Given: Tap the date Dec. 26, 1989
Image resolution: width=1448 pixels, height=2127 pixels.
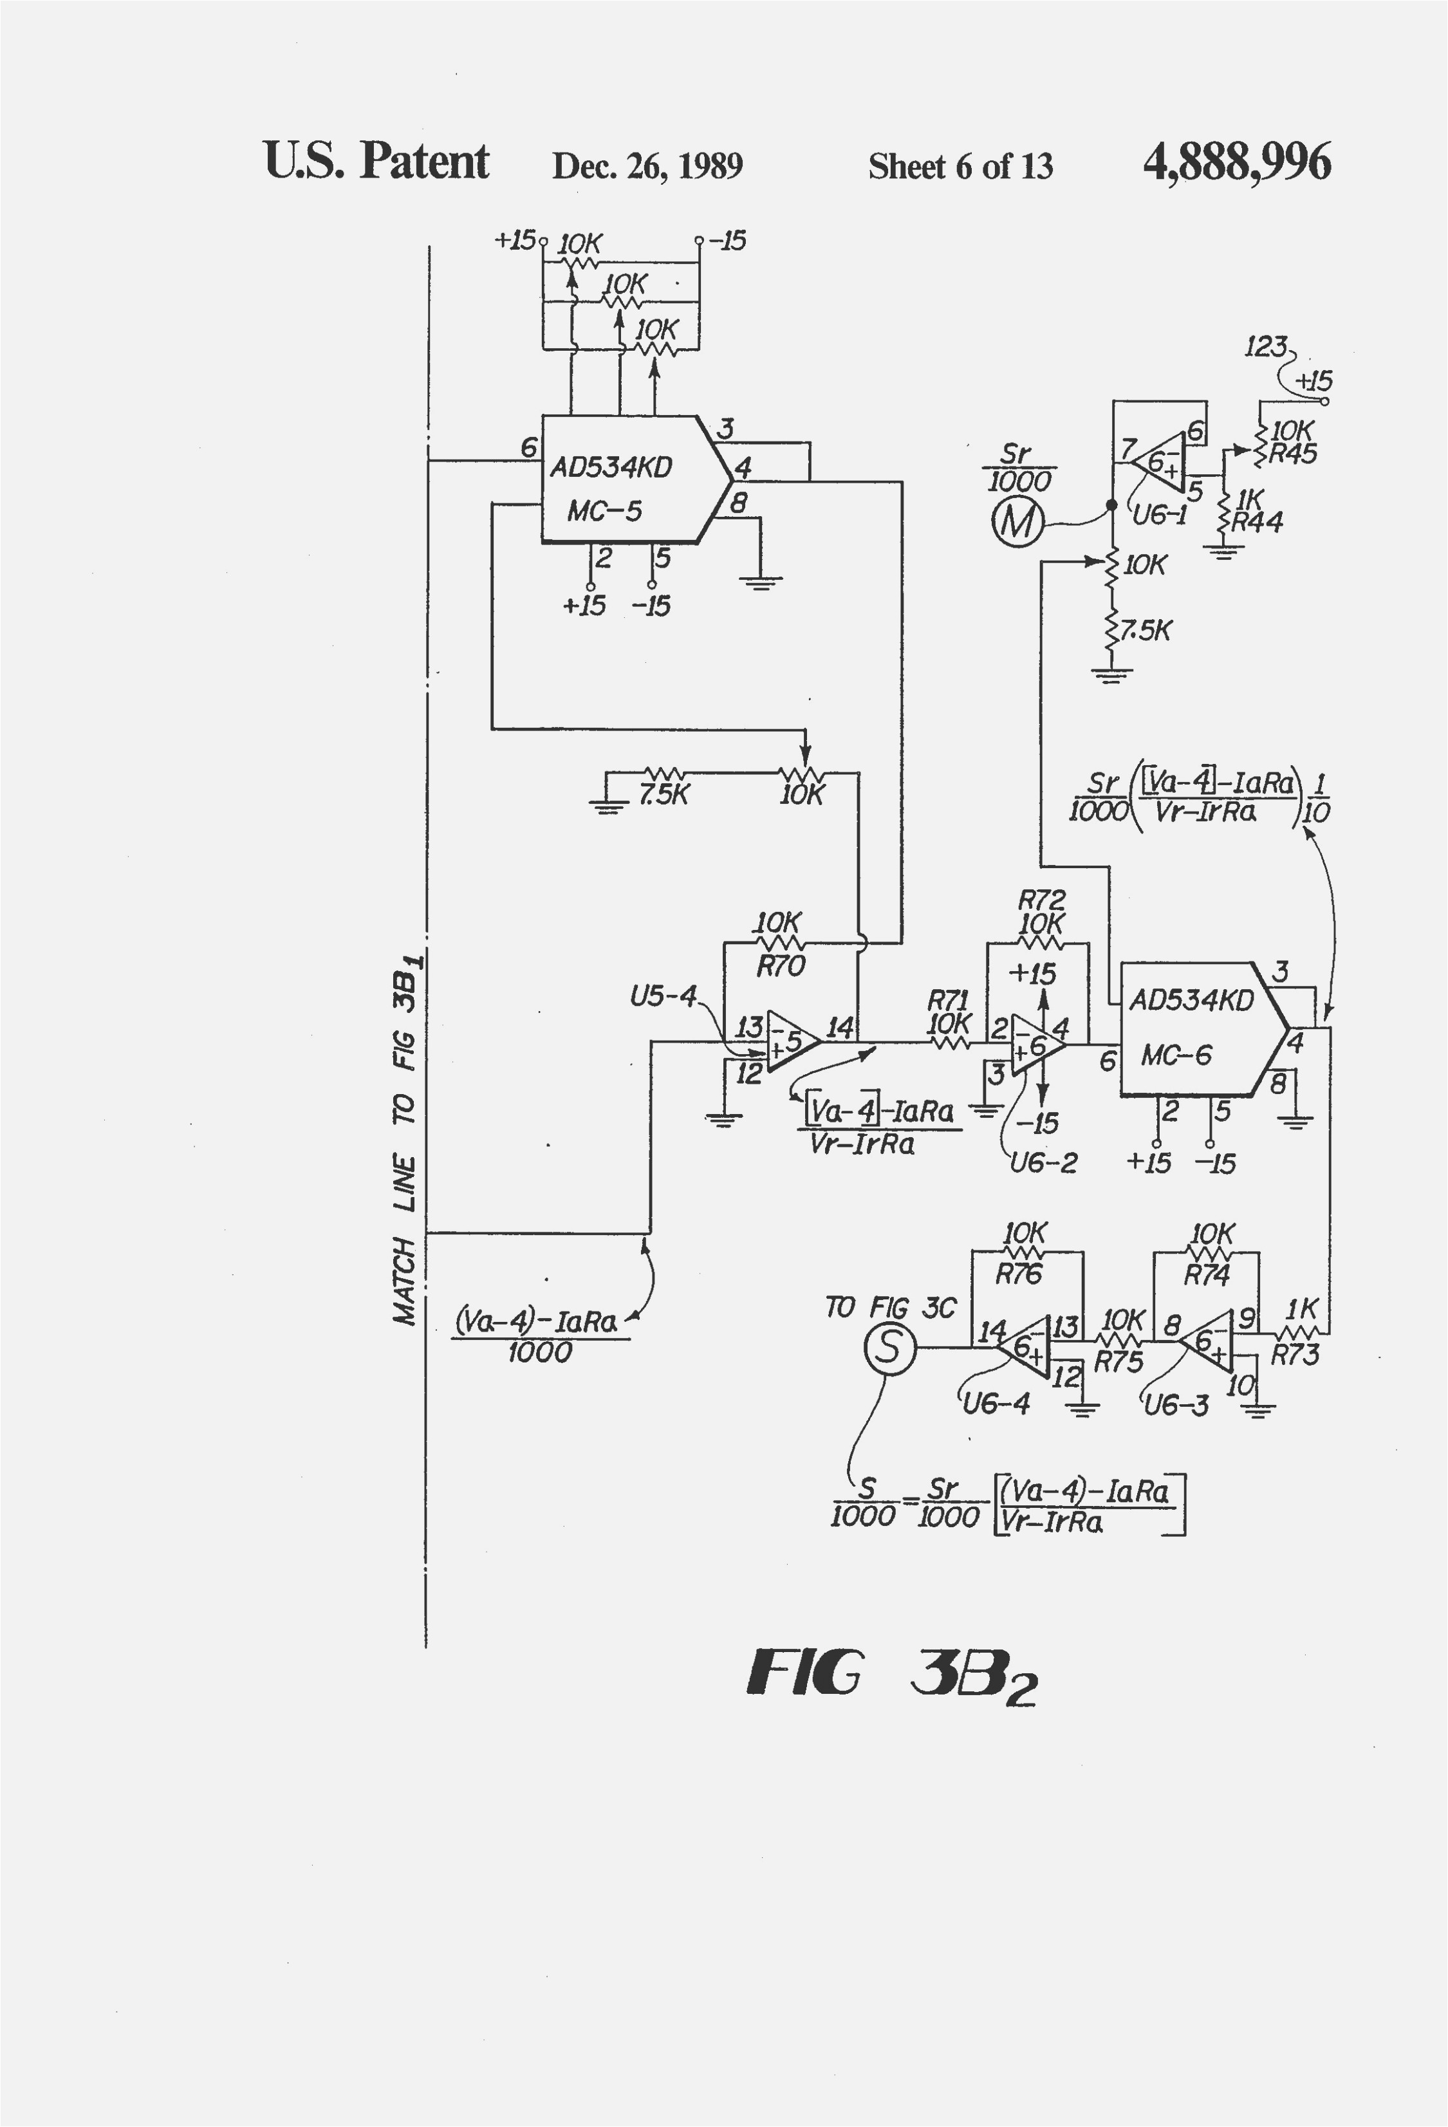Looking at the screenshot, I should point(647,165).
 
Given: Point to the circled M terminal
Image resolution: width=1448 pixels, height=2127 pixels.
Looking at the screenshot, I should point(1017,523).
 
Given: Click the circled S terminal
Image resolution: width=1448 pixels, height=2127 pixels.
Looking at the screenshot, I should point(889,1348).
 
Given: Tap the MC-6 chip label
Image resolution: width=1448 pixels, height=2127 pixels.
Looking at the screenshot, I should point(1176,1056).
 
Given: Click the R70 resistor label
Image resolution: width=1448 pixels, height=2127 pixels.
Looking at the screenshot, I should point(780,965).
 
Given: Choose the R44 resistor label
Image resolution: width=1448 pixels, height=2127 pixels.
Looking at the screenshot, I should point(1257,523).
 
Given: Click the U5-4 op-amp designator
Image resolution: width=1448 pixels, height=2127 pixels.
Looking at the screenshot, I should point(663,996).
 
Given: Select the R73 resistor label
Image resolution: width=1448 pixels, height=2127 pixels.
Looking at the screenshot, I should point(1294,1355).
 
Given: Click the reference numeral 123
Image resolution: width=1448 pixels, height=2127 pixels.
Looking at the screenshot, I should point(1266,347).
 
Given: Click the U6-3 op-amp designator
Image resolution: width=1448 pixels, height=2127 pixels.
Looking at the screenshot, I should point(1177,1405).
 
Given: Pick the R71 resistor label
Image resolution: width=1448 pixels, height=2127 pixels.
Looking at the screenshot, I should point(947,999).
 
